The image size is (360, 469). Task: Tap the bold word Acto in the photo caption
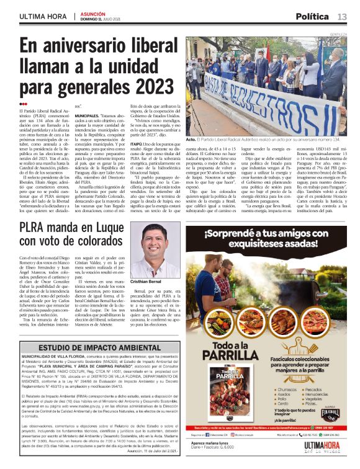tap(191, 140)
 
